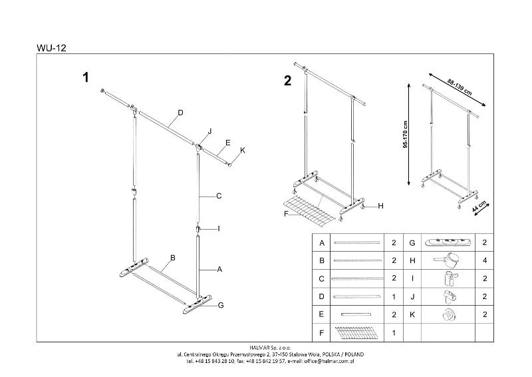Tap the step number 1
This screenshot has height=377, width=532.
click(x=85, y=78)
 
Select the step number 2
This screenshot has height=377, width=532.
click(x=287, y=82)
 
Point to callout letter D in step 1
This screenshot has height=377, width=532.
click(x=180, y=112)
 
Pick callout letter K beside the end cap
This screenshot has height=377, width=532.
click(x=243, y=151)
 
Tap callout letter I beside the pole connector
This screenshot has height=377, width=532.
click(x=218, y=228)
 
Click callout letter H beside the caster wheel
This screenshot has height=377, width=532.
click(x=381, y=206)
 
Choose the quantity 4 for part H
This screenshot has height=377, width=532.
click(x=483, y=260)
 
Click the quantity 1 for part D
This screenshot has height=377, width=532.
click(x=394, y=296)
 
